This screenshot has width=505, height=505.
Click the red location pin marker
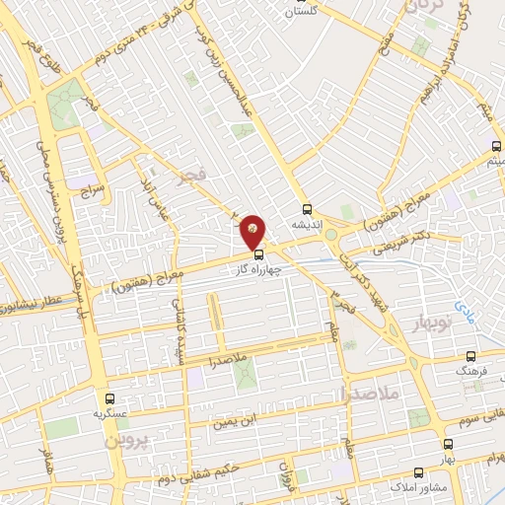coord(253,230)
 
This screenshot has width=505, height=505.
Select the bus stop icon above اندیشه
coord(307,209)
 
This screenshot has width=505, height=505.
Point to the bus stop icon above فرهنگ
coord(469,357)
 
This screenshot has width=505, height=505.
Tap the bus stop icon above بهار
coord(449,445)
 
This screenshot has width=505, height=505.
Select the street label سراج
coord(95,186)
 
